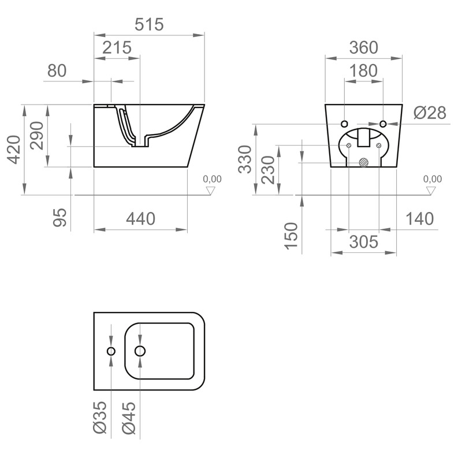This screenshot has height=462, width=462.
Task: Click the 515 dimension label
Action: point(150,25)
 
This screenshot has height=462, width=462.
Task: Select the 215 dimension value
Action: point(117,47)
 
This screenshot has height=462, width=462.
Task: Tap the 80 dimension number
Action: point(57,71)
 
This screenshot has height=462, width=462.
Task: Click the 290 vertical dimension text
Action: point(37,136)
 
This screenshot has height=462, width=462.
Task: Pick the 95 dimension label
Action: point(60,217)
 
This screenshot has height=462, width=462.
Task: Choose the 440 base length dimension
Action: point(141,219)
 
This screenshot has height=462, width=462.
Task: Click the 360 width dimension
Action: point(363,47)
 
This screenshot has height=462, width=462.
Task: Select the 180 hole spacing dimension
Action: point(363,71)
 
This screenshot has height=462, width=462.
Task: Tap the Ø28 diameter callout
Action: point(430,113)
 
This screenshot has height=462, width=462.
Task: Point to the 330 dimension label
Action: point(245,159)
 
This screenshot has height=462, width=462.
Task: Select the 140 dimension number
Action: point(420,219)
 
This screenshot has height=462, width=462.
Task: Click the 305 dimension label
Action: point(364,242)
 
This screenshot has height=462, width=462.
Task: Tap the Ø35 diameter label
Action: point(99,418)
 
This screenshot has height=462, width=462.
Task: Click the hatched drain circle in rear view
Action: point(364,162)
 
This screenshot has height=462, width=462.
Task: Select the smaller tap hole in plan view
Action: point(111,351)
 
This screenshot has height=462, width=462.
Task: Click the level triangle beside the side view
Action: point(211,190)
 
